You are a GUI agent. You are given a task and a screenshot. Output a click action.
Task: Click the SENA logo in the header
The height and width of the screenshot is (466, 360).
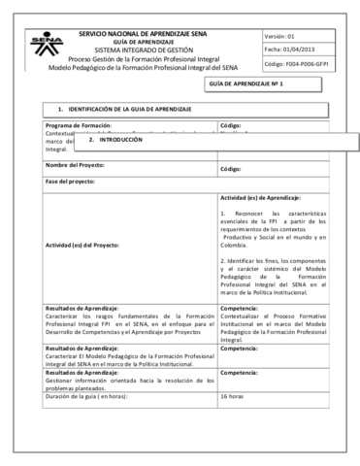tap(45, 46)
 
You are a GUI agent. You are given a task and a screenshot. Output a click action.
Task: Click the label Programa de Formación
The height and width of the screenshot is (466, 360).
tap(78, 126)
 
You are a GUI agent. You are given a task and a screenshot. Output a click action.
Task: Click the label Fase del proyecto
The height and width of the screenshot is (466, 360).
tap(72, 182)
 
